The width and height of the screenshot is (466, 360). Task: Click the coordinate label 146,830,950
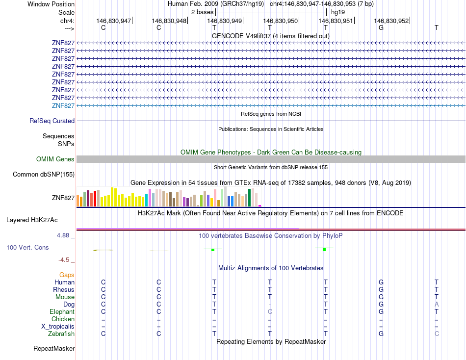tap(280, 21)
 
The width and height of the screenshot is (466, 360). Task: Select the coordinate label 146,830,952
tap(391, 21)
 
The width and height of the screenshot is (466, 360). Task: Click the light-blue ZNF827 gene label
tap(63, 105)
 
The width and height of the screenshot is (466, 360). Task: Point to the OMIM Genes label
tap(55, 159)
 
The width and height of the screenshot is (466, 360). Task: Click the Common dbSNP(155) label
tap(44, 174)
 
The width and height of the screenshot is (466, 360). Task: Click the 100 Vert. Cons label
tap(27, 248)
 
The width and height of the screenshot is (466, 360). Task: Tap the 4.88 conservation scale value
tap(63, 235)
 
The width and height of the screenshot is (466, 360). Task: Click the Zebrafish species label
tap(61, 334)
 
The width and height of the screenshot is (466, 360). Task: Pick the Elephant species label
tap(62, 311)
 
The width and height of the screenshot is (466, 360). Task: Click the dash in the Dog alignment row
tap(270, 305)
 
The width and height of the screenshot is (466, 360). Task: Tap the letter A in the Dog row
tap(437, 304)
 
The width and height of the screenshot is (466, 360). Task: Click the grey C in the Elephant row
tap(270, 312)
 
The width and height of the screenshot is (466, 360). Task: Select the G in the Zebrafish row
tap(381, 334)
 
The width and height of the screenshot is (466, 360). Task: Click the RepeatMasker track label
tap(54, 349)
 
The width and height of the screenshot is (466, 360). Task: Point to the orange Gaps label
tap(67, 275)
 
